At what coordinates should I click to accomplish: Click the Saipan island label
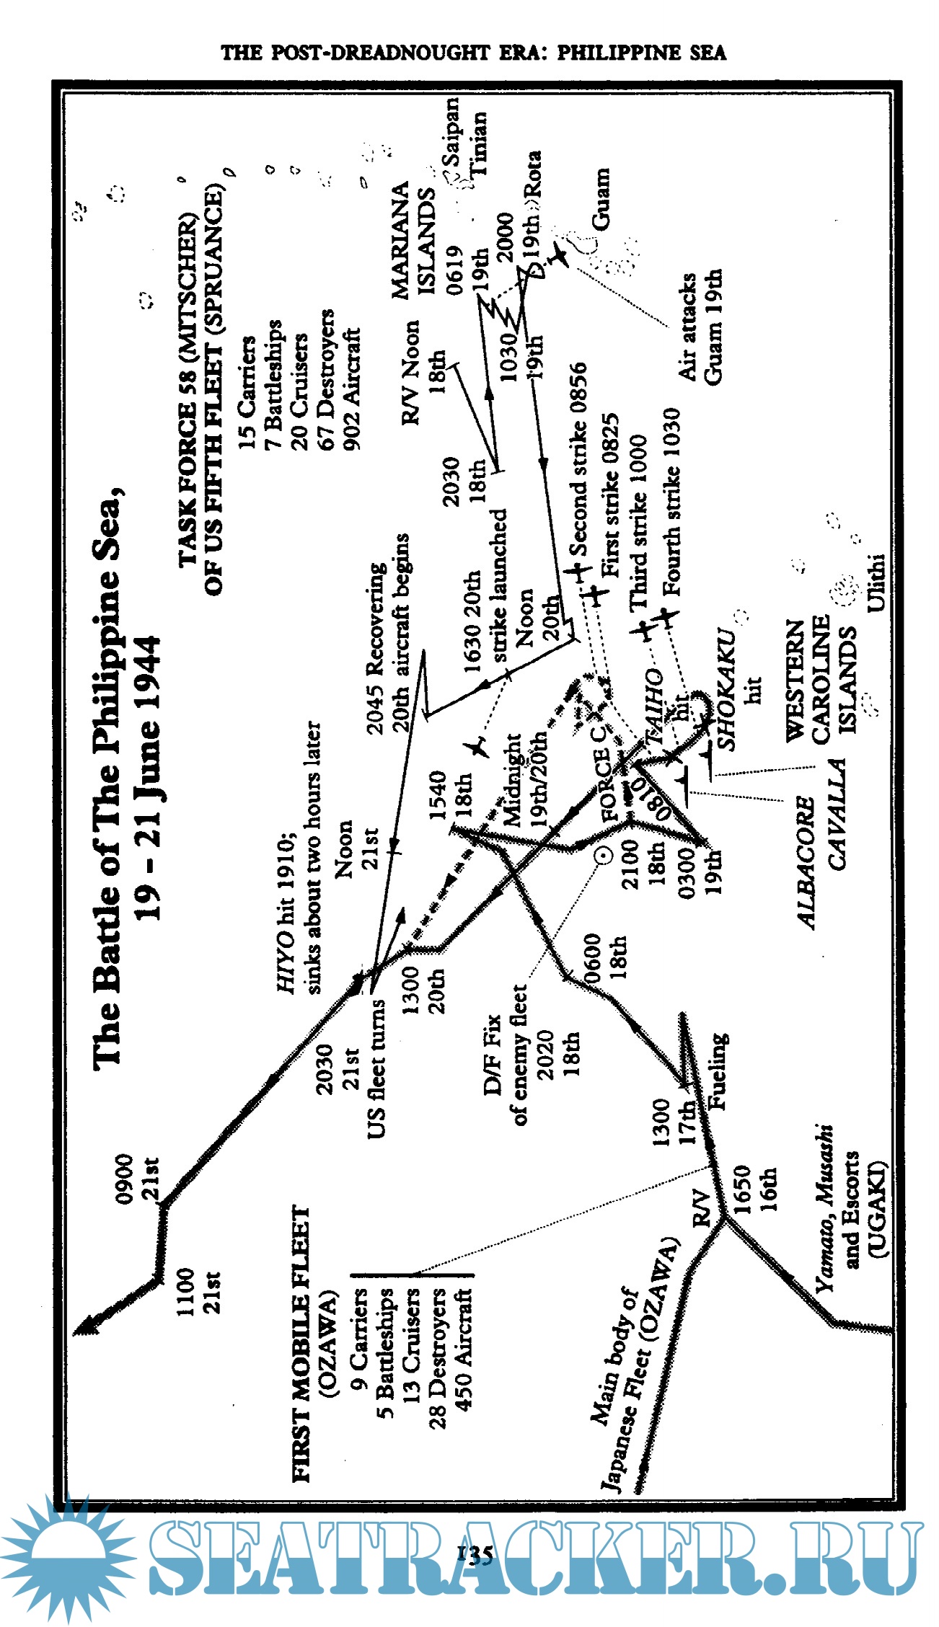pos(451,132)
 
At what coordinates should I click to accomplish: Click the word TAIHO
pos(655,707)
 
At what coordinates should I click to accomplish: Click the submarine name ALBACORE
pos(806,862)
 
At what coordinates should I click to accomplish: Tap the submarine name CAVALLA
pos(837,814)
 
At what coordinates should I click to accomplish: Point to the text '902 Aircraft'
pos(351,389)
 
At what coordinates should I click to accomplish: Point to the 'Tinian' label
pos(478,143)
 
